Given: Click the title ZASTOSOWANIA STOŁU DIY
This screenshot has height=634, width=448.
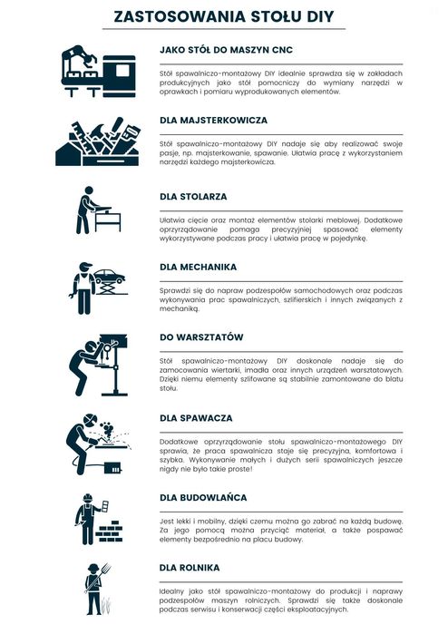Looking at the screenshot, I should [224, 15].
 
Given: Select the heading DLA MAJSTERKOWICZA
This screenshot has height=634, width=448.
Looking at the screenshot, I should [213, 120].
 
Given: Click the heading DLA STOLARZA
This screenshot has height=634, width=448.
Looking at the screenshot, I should [193, 196].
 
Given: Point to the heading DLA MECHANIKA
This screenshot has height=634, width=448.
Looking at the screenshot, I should [198, 267].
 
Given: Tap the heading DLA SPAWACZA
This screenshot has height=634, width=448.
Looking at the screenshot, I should [196, 418].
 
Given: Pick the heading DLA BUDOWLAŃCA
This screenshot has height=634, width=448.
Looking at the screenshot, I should [203, 497].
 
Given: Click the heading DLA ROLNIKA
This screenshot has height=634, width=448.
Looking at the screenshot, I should [190, 568].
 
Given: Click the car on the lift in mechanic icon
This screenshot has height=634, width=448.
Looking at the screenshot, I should [110, 275].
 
